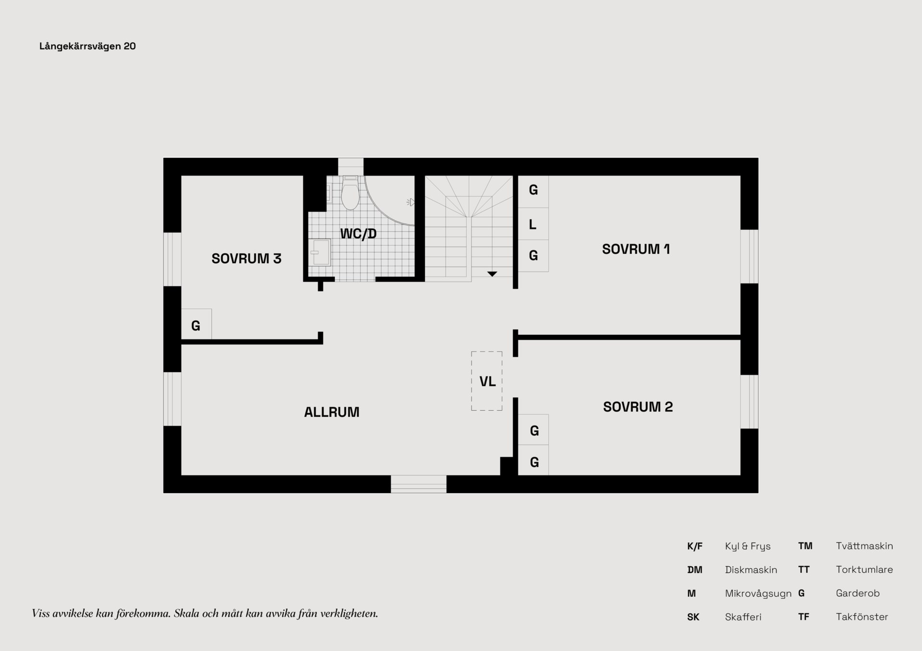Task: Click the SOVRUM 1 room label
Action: point(635,249)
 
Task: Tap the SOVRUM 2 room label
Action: point(638,407)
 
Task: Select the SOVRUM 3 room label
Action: point(246,259)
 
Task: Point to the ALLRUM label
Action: point(331,412)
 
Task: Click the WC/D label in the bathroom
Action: point(358,234)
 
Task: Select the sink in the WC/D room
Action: point(319,252)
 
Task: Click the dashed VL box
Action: point(487,381)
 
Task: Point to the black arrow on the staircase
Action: point(492,274)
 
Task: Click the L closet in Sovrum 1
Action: point(533,224)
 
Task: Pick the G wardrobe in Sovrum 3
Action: point(196,325)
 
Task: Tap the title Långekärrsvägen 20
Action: point(87,46)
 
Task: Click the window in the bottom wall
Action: point(418,484)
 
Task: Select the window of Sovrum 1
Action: point(749,256)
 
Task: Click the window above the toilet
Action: point(351,166)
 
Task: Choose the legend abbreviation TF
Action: point(803,617)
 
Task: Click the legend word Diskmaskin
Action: point(751,570)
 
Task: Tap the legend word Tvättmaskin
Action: point(864,546)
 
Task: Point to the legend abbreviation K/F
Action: point(694,546)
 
